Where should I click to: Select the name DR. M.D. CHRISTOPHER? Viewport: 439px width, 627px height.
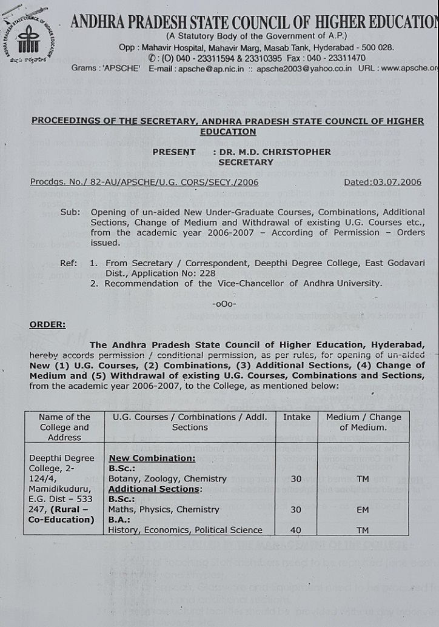point(272,152)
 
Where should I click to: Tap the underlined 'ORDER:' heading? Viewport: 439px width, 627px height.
point(47,324)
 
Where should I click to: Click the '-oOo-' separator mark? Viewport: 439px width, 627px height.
point(224,303)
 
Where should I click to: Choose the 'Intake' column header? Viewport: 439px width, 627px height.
point(297,417)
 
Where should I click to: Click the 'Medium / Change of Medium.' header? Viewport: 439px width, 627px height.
point(364,422)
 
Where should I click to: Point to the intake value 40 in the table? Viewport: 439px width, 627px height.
point(296,530)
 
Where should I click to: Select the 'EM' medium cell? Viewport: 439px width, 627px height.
point(363,510)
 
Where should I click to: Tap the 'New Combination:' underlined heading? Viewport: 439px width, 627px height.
point(152,458)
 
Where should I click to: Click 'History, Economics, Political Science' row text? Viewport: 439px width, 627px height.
point(185,530)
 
